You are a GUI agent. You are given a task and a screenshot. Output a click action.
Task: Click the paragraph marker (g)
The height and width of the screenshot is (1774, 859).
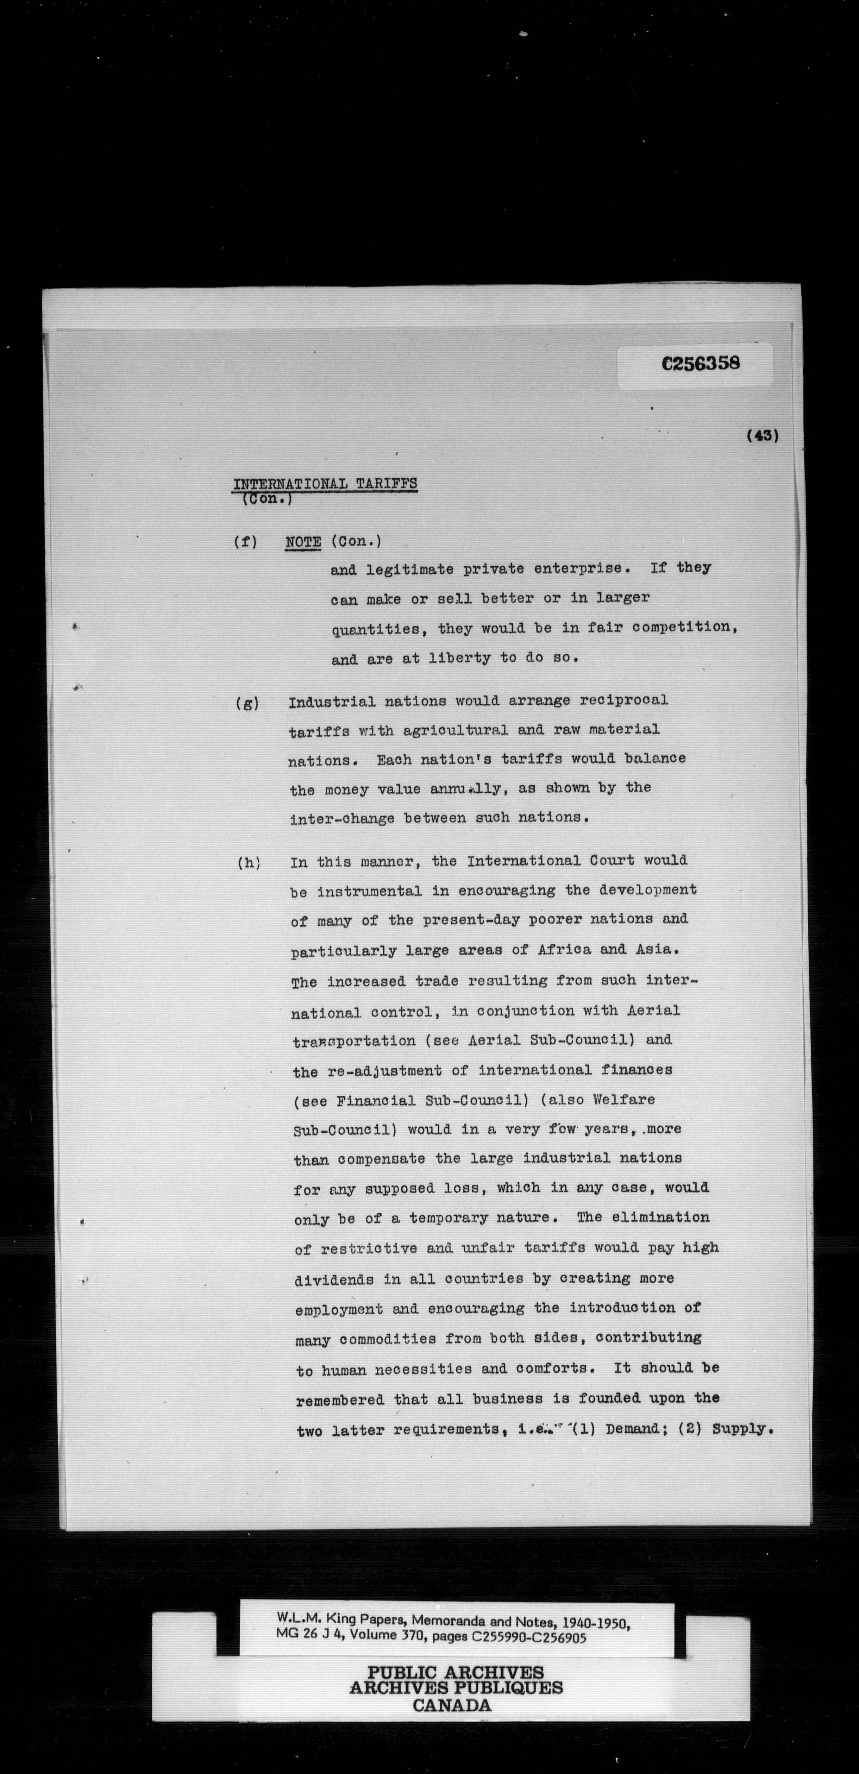[x=246, y=704]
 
